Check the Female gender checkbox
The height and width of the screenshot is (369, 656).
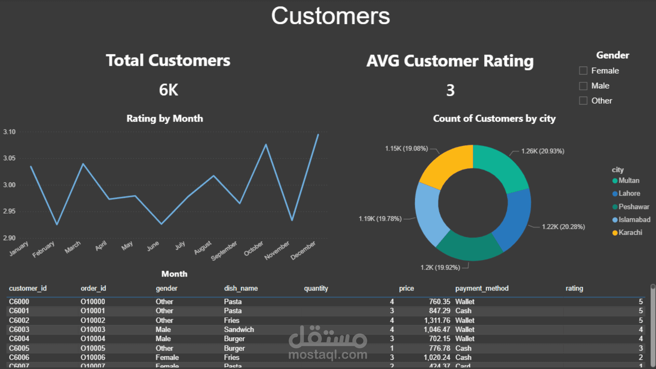click(583, 71)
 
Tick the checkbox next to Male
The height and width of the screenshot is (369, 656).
click(583, 86)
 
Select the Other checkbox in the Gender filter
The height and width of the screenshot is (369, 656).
click(583, 101)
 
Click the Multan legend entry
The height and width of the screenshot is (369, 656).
click(628, 181)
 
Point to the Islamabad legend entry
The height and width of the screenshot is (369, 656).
click(634, 220)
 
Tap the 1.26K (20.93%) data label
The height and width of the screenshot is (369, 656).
click(543, 151)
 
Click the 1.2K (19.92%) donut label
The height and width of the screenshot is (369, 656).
click(440, 268)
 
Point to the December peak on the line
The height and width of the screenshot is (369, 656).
click(318, 135)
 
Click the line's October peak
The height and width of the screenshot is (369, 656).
click(266, 145)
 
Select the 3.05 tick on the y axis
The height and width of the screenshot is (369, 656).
click(9, 158)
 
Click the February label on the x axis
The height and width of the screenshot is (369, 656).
click(43, 249)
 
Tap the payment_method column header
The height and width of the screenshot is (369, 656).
click(482, 288)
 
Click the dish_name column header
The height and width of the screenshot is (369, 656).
click(241, 288)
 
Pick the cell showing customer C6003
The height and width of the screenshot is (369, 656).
click(19, 330)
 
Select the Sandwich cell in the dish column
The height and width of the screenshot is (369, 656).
click(239, 330)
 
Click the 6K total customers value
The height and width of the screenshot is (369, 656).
click(168, 90)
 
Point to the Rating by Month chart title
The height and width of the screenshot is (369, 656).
click(165, 119)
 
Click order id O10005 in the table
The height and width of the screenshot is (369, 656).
click(93, 348)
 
